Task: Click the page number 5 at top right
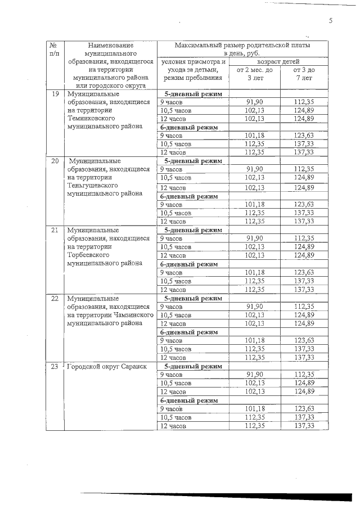[331, 21]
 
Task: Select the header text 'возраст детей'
[278, 61]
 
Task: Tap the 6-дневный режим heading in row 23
[189, 400]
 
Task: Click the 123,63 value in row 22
[304, 340]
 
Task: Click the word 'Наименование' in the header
[110, 44]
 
